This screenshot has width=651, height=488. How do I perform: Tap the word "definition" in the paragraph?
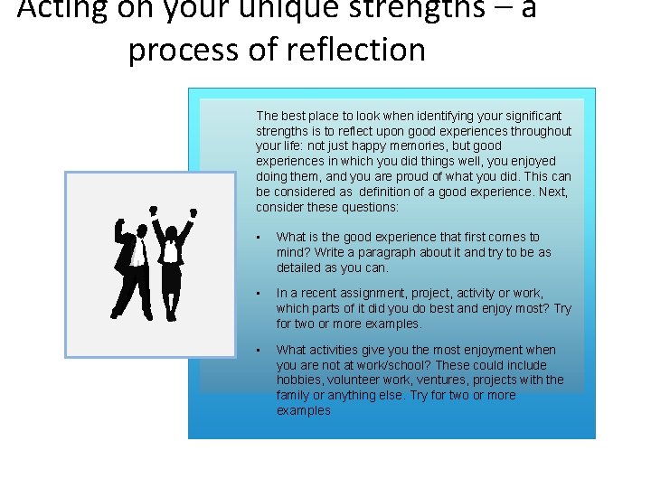pos(388,192)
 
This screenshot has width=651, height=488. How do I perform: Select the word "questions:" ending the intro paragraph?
pos(369,207)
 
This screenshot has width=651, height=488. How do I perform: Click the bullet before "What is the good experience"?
pos(259,238)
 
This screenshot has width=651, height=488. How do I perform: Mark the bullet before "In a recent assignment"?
pos(259,294)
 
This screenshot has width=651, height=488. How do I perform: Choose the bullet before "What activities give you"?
pos(259,350)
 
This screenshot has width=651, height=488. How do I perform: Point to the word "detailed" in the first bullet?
pos(299,268)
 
